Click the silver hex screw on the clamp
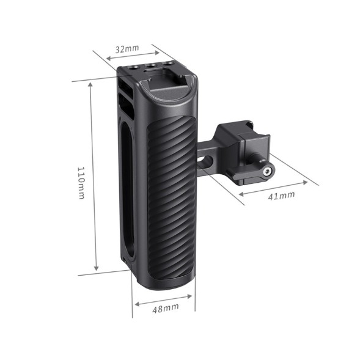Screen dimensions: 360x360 click(266, 172)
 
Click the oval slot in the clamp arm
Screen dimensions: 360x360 click(206, 162)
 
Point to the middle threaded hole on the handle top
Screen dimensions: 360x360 click(149, 66)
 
